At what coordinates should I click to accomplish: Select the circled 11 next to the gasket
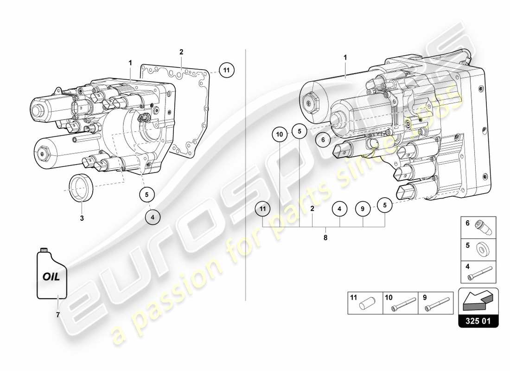(226, 70)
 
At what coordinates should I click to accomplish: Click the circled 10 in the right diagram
(280, 134)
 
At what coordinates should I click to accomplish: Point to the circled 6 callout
(324, 139)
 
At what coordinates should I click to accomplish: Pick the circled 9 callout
(363, 209)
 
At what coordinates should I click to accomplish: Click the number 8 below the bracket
(325, 237)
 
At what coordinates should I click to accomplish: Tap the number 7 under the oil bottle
(58, 315)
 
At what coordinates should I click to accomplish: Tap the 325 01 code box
(478, 320)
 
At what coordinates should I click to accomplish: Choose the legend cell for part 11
(365, 303)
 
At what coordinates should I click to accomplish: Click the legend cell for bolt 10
(400, 303)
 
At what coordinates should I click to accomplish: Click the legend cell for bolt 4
(478, 273)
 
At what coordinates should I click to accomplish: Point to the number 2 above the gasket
(181, 52)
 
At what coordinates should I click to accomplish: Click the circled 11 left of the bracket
(263, 209)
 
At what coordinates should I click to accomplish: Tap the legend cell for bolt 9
(435, 303)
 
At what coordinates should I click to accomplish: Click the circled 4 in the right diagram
(339, 209)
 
